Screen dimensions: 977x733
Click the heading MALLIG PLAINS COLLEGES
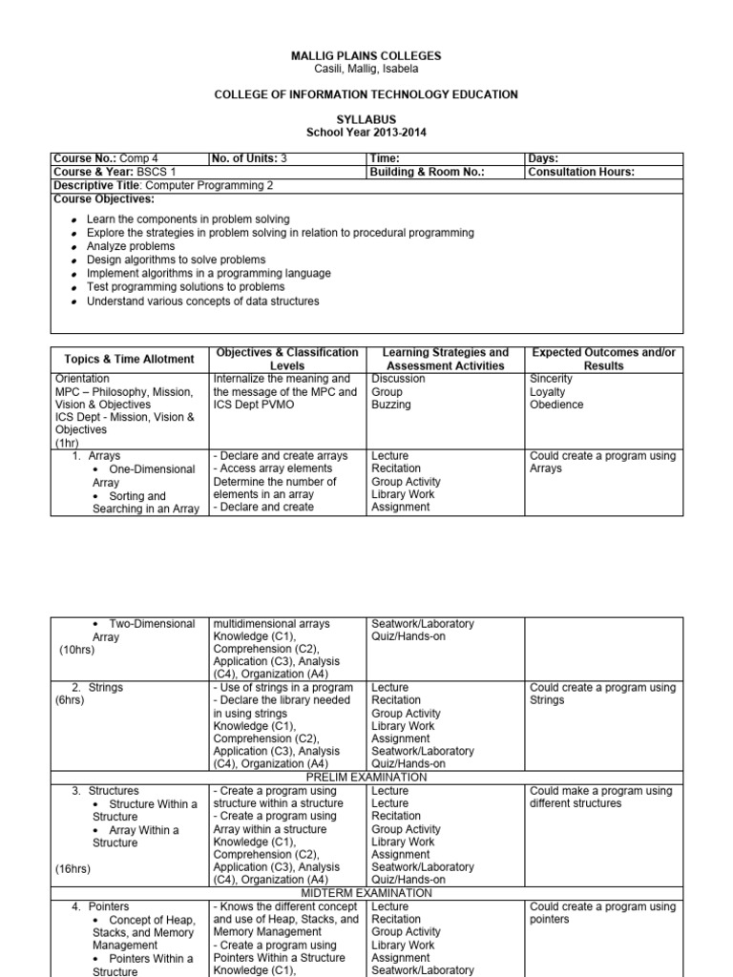coord(366,56)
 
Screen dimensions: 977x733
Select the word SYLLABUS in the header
coord(366,119)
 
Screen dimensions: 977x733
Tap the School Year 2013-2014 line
coord(366,133)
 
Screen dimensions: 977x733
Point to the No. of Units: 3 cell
coord(247,158)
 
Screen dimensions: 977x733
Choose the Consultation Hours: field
coord(581,172)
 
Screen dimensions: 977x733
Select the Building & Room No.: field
coord(427,172)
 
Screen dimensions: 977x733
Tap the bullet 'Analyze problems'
coord(131,246)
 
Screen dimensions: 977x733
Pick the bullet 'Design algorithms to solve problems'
coord(176,260)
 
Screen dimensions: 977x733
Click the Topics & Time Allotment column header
coord(129,360)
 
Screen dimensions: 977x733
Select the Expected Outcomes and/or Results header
coord(603,360)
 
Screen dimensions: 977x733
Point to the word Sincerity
coord(551,379)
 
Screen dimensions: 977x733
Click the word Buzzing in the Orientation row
coord(391,405)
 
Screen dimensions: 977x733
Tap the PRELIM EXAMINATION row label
coord(366,778)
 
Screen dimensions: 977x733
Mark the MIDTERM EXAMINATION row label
coord(366,893)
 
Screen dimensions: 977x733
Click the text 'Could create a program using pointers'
coord(602,913)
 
